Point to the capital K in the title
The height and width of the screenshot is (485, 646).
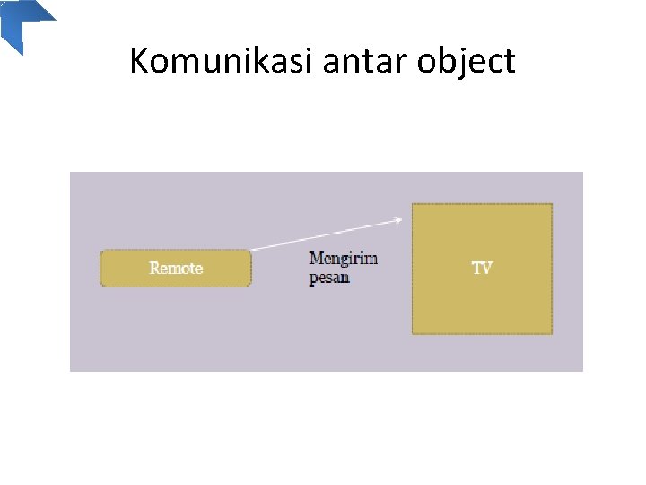[x=138, y=61]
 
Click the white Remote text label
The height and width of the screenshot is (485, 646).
[x=176, y=269]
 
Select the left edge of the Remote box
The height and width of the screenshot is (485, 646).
[x=100, y=269]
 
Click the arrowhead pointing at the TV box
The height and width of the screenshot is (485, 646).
[x=397, y=219]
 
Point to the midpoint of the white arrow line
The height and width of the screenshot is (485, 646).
[x=324, y=234]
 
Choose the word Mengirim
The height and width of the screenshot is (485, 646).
[x=344, y=259]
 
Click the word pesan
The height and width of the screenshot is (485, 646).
[x=329, y=278]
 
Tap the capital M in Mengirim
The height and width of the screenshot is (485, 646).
[x=316, y=259]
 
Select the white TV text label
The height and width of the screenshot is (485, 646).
[x=482, y=269]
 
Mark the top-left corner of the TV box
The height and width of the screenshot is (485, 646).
[x=413, y=204]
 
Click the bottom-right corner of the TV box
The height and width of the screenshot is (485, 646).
[x=552, y=334]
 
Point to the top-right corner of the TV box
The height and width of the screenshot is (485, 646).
[x=552, y=204]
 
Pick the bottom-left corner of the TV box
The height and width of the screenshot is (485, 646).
[x=413, y=334]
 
